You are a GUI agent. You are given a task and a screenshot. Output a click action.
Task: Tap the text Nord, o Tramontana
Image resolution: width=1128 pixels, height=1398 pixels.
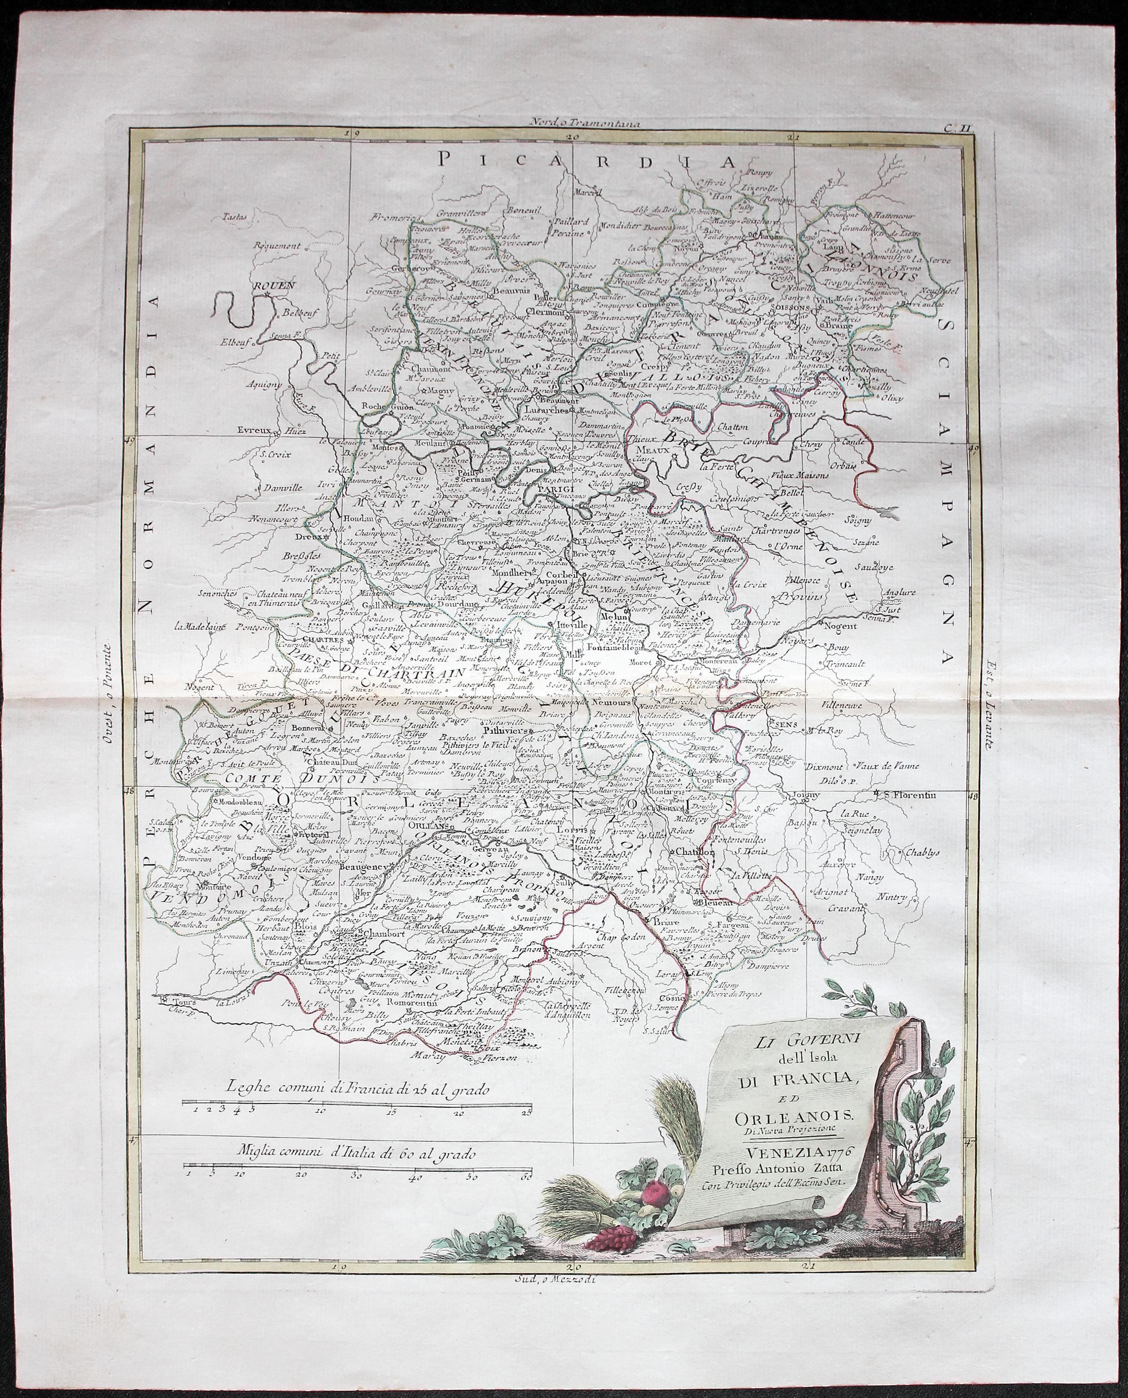click(567, 121)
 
